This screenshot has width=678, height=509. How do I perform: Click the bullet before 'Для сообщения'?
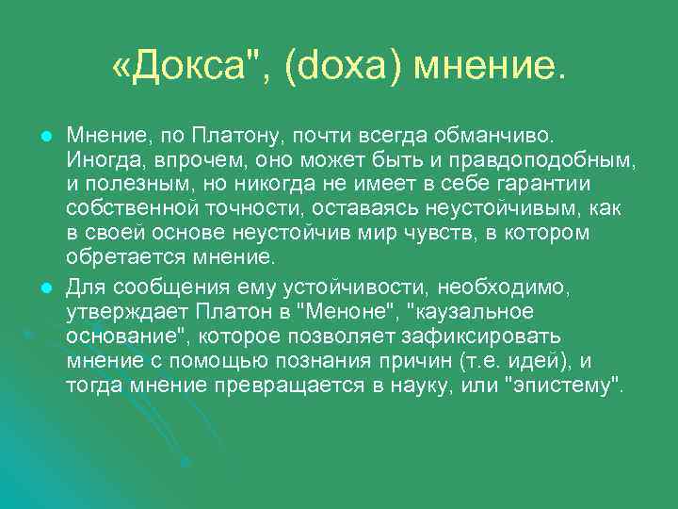coord(43,287)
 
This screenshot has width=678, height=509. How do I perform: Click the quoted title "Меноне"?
coord(356,311)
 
